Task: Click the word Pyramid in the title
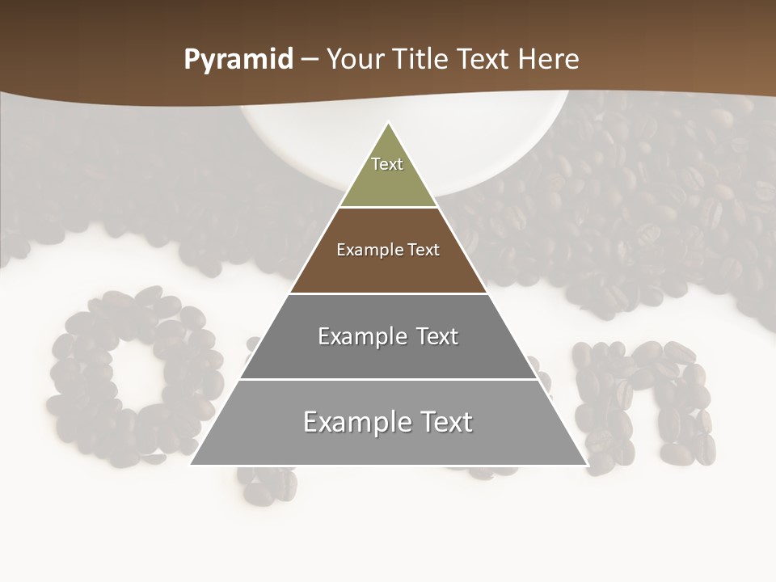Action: [238, 60]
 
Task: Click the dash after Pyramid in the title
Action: [310, 60]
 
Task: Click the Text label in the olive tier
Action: [387, 164]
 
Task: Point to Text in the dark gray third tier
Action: [436, 336]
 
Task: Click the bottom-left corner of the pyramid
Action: [192, 464]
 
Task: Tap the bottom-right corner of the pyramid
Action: [585, 464]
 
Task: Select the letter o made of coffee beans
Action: [133, 376]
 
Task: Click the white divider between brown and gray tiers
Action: [388, 293]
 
